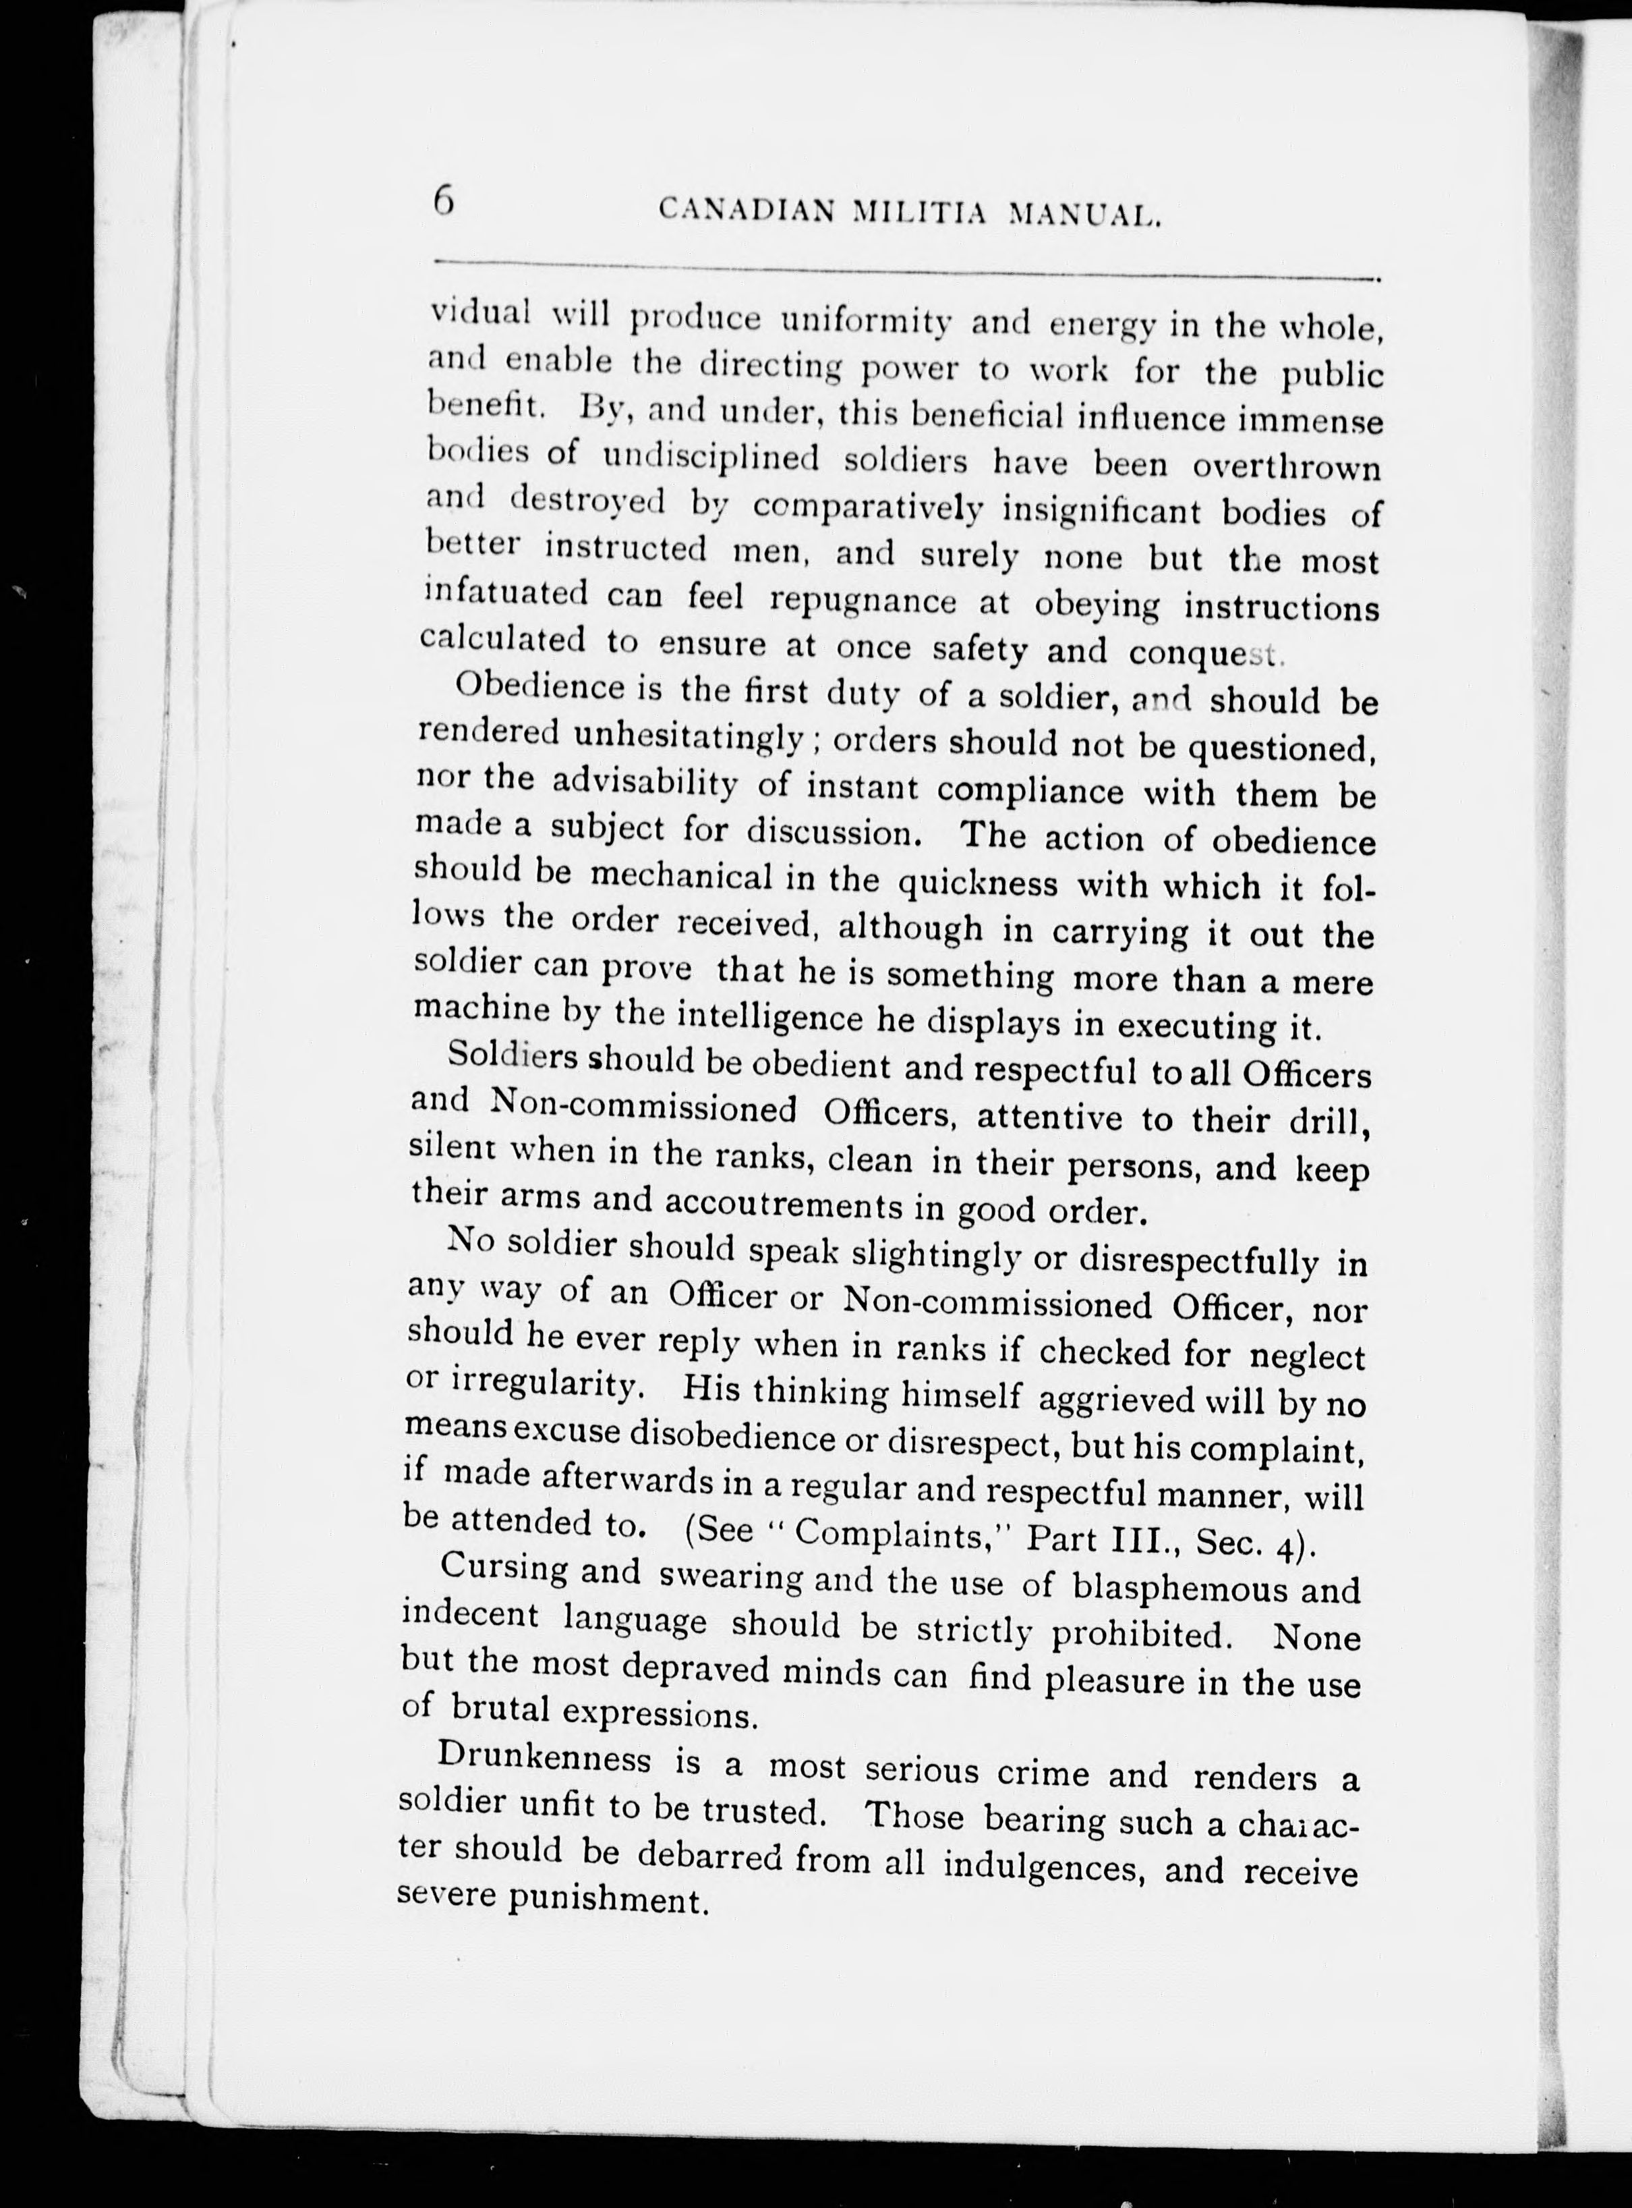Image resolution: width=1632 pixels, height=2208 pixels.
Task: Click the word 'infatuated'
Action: click(506, 593)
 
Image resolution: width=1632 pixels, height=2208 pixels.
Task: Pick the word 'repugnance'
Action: click(863, 600)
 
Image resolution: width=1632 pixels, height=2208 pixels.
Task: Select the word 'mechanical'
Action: click(684, 877)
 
